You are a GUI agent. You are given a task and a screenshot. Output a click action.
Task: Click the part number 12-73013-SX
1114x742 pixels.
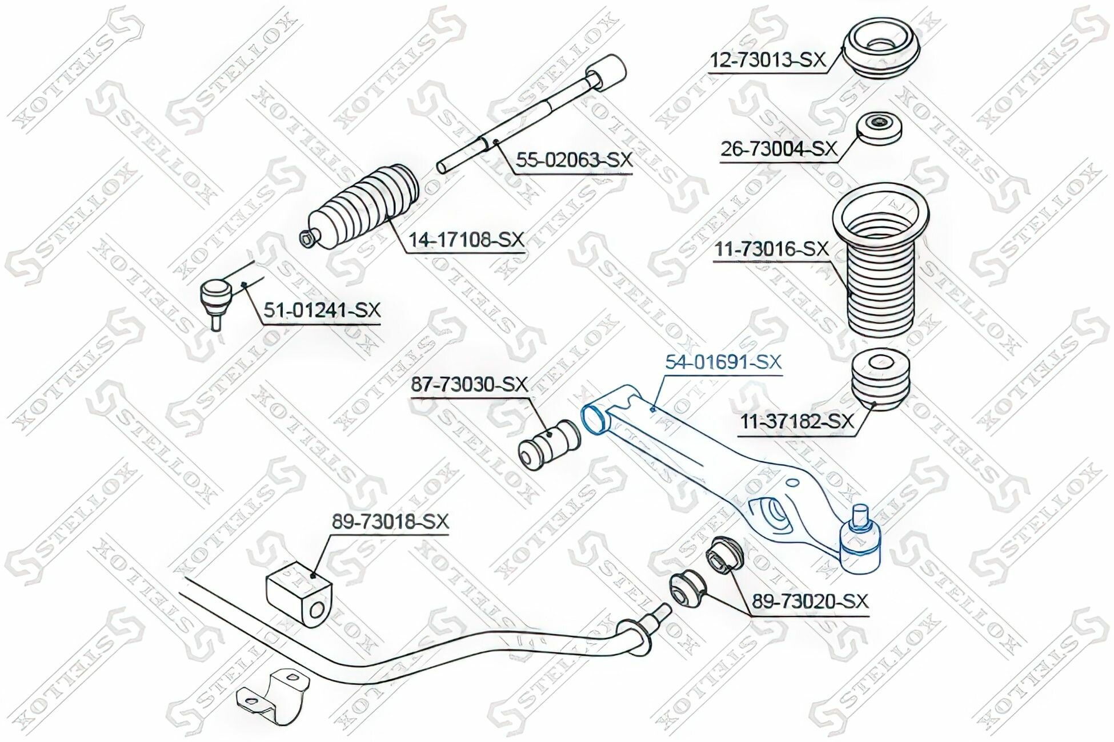tap(767, 60)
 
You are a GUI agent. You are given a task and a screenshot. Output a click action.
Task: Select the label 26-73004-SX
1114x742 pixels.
tap(778, 150)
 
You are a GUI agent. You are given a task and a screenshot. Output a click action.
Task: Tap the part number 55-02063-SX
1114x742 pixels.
tap(574, 160)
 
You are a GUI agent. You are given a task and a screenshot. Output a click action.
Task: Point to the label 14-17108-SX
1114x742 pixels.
tap(465, 240)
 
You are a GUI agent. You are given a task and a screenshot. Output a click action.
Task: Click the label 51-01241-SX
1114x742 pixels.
tap(322, 311)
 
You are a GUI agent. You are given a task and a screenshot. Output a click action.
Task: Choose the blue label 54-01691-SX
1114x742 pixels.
tap(723, 362)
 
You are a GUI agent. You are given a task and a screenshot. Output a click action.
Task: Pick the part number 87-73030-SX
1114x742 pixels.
tap(470, 385)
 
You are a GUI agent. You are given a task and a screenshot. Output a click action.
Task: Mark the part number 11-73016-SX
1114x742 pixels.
tap(771, 249)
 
